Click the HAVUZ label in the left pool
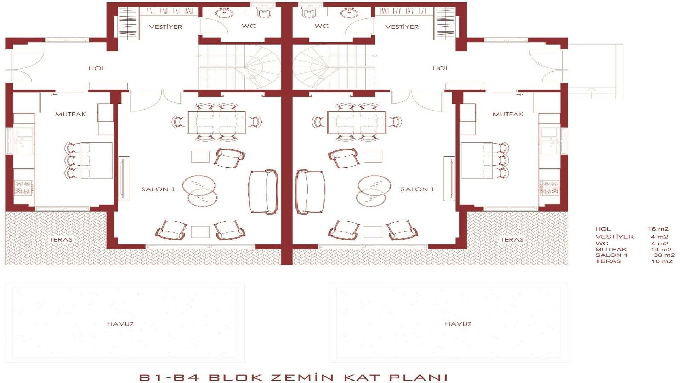tap(120, 324)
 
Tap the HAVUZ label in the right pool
tap(458, 324)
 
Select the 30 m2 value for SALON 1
tap(664, 255)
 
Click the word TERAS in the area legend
tap(608, 261)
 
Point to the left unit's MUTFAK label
tap(70, 114)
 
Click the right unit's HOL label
tap(441, 68)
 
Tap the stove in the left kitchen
tap(23, 188)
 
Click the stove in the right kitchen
tap(550, 188)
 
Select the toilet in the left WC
tap(264, 13)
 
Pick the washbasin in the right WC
tap(349, 13)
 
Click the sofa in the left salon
tap(263, 191)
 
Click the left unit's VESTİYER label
tap(165, 27)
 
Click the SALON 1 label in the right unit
tap(417, 189)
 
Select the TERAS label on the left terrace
tap(61, 240)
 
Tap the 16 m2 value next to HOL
tap(658, 229)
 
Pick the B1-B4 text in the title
tap(169, 377)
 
